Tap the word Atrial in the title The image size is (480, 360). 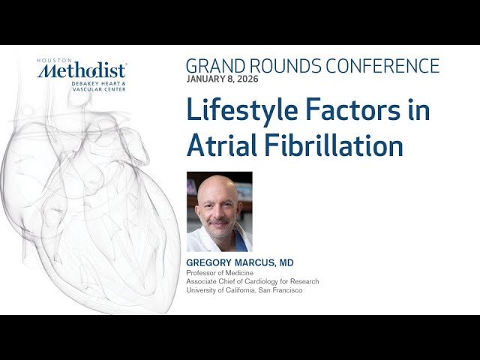pyautogui.click(x=220, y=145)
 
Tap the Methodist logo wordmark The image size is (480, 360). pyautogui.click(x=83, y=71)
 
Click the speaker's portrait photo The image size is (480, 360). pyautogui.click(x=219, y=211)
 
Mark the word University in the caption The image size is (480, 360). pyautogui.click(x=201, y=290)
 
